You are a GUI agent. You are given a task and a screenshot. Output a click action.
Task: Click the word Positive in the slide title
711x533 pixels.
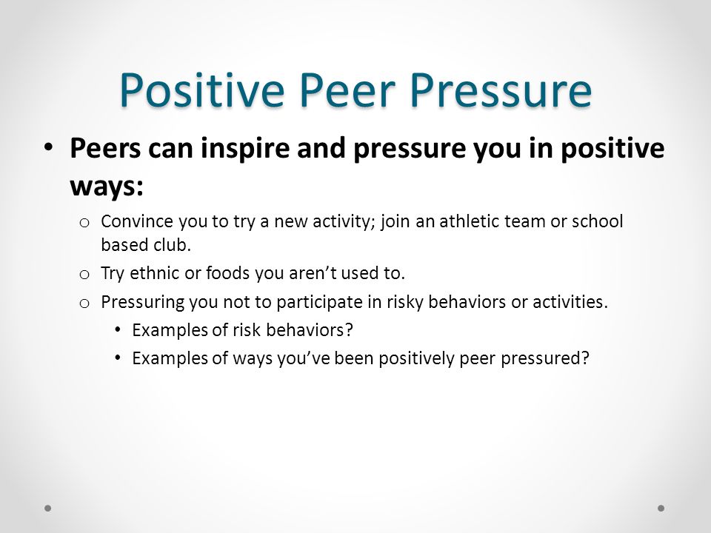pyautogui.click(x=201, y=90)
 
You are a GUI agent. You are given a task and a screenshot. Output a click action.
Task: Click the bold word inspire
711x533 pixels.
pyautogui.click(x=245, y=149)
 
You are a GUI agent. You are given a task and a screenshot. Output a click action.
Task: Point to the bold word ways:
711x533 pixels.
pyautogui.click(x=107, y=186)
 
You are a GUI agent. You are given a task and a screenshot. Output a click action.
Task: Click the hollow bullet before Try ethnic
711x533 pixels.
pyautogui.click(x=84, y=275)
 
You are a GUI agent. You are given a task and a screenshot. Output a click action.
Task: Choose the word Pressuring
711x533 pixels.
pyautogui.click(x=142, y=302)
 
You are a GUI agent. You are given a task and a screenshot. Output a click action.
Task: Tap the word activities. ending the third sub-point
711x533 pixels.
pyautogui.click(x=570, y=301)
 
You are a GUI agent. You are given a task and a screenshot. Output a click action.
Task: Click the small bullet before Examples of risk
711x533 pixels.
pyautogui.click(x=118, y=329)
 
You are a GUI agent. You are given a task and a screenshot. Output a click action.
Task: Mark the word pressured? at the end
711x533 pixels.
pyautogui.click(x=545, y=359)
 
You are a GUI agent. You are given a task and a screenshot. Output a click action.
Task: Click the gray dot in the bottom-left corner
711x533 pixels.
pyautogui.click(x=48, y=508)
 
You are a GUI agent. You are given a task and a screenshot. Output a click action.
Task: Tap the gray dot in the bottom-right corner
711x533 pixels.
pyautogui.click(x=661, y=508)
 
